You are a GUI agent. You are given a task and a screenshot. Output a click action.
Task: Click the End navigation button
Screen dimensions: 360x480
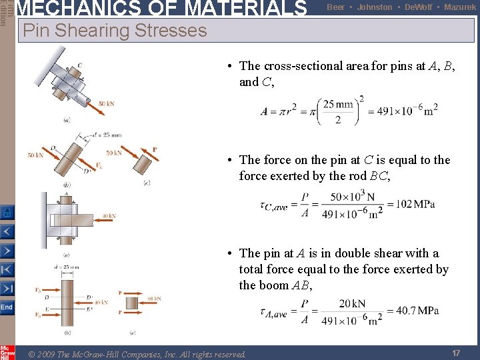coord(7,307)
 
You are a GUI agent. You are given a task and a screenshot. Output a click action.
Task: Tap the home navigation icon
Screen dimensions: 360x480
coord(7,213)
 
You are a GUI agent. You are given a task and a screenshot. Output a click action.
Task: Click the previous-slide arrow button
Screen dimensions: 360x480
coord(7,232)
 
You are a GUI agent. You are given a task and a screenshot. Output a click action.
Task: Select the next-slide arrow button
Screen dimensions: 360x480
coord(7,251)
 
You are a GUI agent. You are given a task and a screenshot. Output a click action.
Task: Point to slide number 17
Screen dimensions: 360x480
coord(456,353)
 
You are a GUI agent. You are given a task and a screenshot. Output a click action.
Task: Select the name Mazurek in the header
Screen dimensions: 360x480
coord(460,7)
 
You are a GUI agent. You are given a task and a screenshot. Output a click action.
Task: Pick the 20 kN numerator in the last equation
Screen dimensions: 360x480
coord(352,303)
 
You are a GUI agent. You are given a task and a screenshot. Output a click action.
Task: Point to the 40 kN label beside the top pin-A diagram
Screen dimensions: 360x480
coord(109,216)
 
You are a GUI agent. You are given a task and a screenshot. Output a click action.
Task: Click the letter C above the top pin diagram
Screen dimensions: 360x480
coord(79,65)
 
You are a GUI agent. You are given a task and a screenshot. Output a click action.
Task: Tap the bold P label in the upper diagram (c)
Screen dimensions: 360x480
coord(155,149)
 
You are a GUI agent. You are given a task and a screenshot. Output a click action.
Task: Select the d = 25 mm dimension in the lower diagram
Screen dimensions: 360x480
coord(66,267)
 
